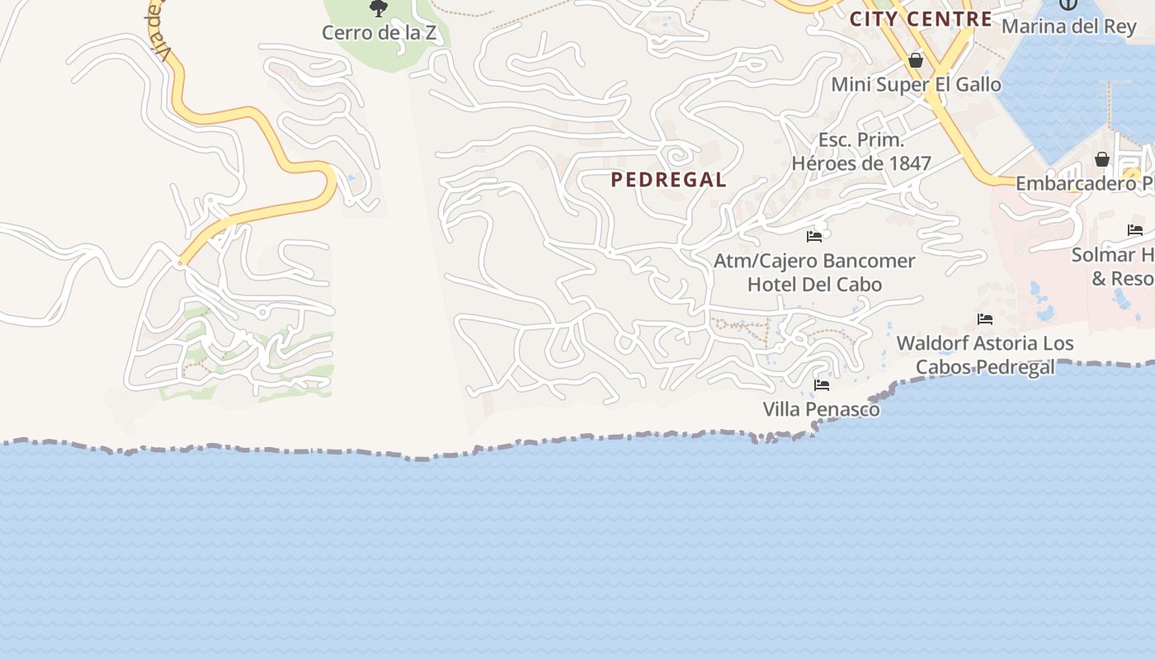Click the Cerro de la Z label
379,33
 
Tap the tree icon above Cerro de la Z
379,9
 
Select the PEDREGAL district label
669,180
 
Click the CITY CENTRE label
921,19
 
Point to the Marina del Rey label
1068,26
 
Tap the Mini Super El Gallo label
916,84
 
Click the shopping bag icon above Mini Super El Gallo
915,60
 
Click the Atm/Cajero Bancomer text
814,261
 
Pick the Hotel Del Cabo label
814,285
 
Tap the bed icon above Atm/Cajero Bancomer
814,237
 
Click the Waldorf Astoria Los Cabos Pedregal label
985,355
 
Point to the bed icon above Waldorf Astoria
984,318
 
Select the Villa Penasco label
821,409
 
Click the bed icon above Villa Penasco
821,385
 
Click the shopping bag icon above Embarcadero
1101,159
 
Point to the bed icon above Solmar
1135,230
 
